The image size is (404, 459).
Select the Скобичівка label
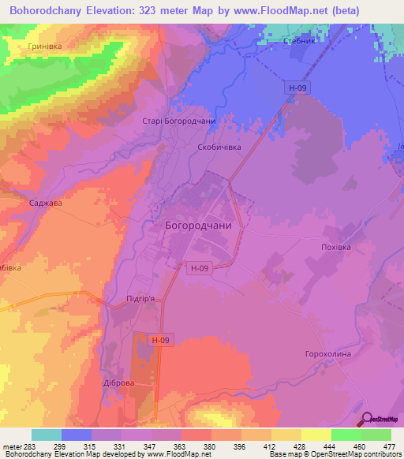[219, 147]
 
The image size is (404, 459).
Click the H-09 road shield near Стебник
[296, 88]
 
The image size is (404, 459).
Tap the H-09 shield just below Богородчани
[200, 268]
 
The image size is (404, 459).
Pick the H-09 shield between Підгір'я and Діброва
[159, 340]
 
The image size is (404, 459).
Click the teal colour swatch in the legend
[46, 435]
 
